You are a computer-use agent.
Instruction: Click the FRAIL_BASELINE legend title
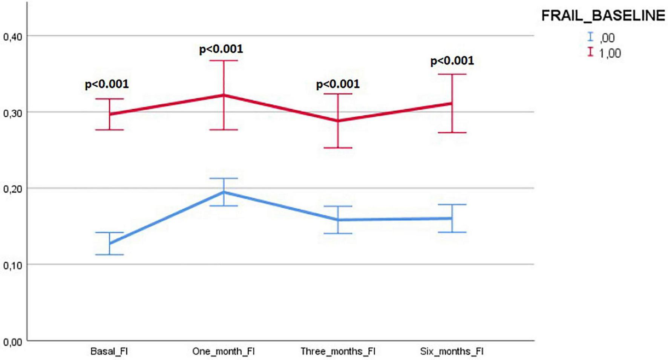coord(603,16)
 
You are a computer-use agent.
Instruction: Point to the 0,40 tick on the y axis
coord(12,37)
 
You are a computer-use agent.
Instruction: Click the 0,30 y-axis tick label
coord(12,113)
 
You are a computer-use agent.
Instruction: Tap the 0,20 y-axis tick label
coord(12,189)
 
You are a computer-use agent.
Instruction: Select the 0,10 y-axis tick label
coord(12,265)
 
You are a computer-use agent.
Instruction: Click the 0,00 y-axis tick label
coord(12,342)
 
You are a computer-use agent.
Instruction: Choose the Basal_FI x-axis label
coord(109,351)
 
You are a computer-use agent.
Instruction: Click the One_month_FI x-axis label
coord(224,351)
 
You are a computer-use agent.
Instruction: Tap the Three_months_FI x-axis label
coord(338,351)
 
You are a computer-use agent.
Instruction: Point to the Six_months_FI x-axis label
coord(452,351)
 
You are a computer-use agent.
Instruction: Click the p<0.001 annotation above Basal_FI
coord(107,84)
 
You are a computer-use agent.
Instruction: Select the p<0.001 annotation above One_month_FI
coord(221,49)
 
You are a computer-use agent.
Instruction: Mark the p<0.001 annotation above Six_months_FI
coord(452,61)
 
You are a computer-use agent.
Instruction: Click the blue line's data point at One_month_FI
coord(224,192)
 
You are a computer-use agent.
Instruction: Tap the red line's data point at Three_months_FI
coord(338,121)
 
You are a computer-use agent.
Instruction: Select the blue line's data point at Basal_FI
coord(109,244)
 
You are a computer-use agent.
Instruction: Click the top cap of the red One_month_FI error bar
coord(224,60)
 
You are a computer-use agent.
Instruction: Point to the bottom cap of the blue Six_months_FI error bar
coord(452,232)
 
